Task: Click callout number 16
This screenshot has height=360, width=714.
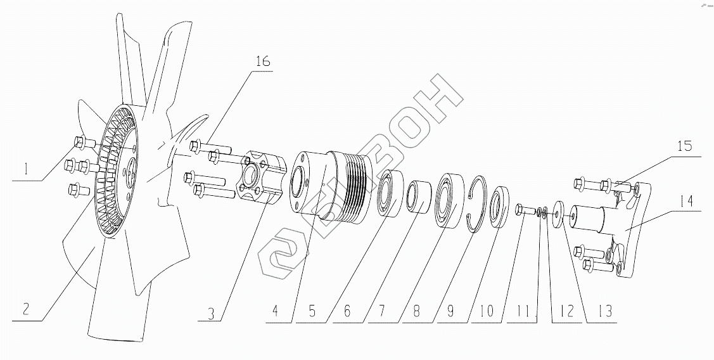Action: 263,62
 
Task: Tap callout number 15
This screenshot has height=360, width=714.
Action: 683,145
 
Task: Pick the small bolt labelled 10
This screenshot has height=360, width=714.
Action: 525,210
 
